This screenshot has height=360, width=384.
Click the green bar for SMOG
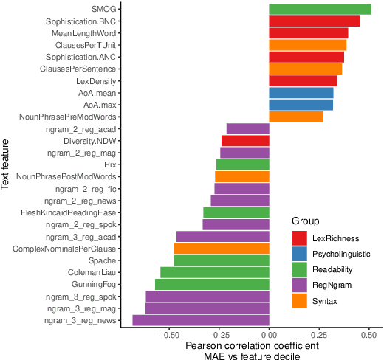point(320,10)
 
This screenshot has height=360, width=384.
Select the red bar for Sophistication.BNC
point(314,21)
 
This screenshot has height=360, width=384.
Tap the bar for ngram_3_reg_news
point(200,320)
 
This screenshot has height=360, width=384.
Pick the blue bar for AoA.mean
point(301,93)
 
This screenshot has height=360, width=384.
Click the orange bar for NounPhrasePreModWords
point(295,117)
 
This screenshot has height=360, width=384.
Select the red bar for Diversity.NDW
point(245,141)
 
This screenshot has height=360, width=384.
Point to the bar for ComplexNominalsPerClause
point(222,249)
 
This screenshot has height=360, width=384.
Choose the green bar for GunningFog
point(212,284)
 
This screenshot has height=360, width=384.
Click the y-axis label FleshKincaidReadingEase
point(69,212)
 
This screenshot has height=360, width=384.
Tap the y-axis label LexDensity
point(96,81)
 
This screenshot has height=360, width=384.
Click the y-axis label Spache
point(103,260)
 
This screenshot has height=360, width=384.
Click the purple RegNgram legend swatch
point(300,285)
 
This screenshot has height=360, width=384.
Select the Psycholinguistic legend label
point(342,254)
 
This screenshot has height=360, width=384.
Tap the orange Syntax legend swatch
point(300,302)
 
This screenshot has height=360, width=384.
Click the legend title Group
point(304,221)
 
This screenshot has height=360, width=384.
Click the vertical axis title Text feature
point(7,163)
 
